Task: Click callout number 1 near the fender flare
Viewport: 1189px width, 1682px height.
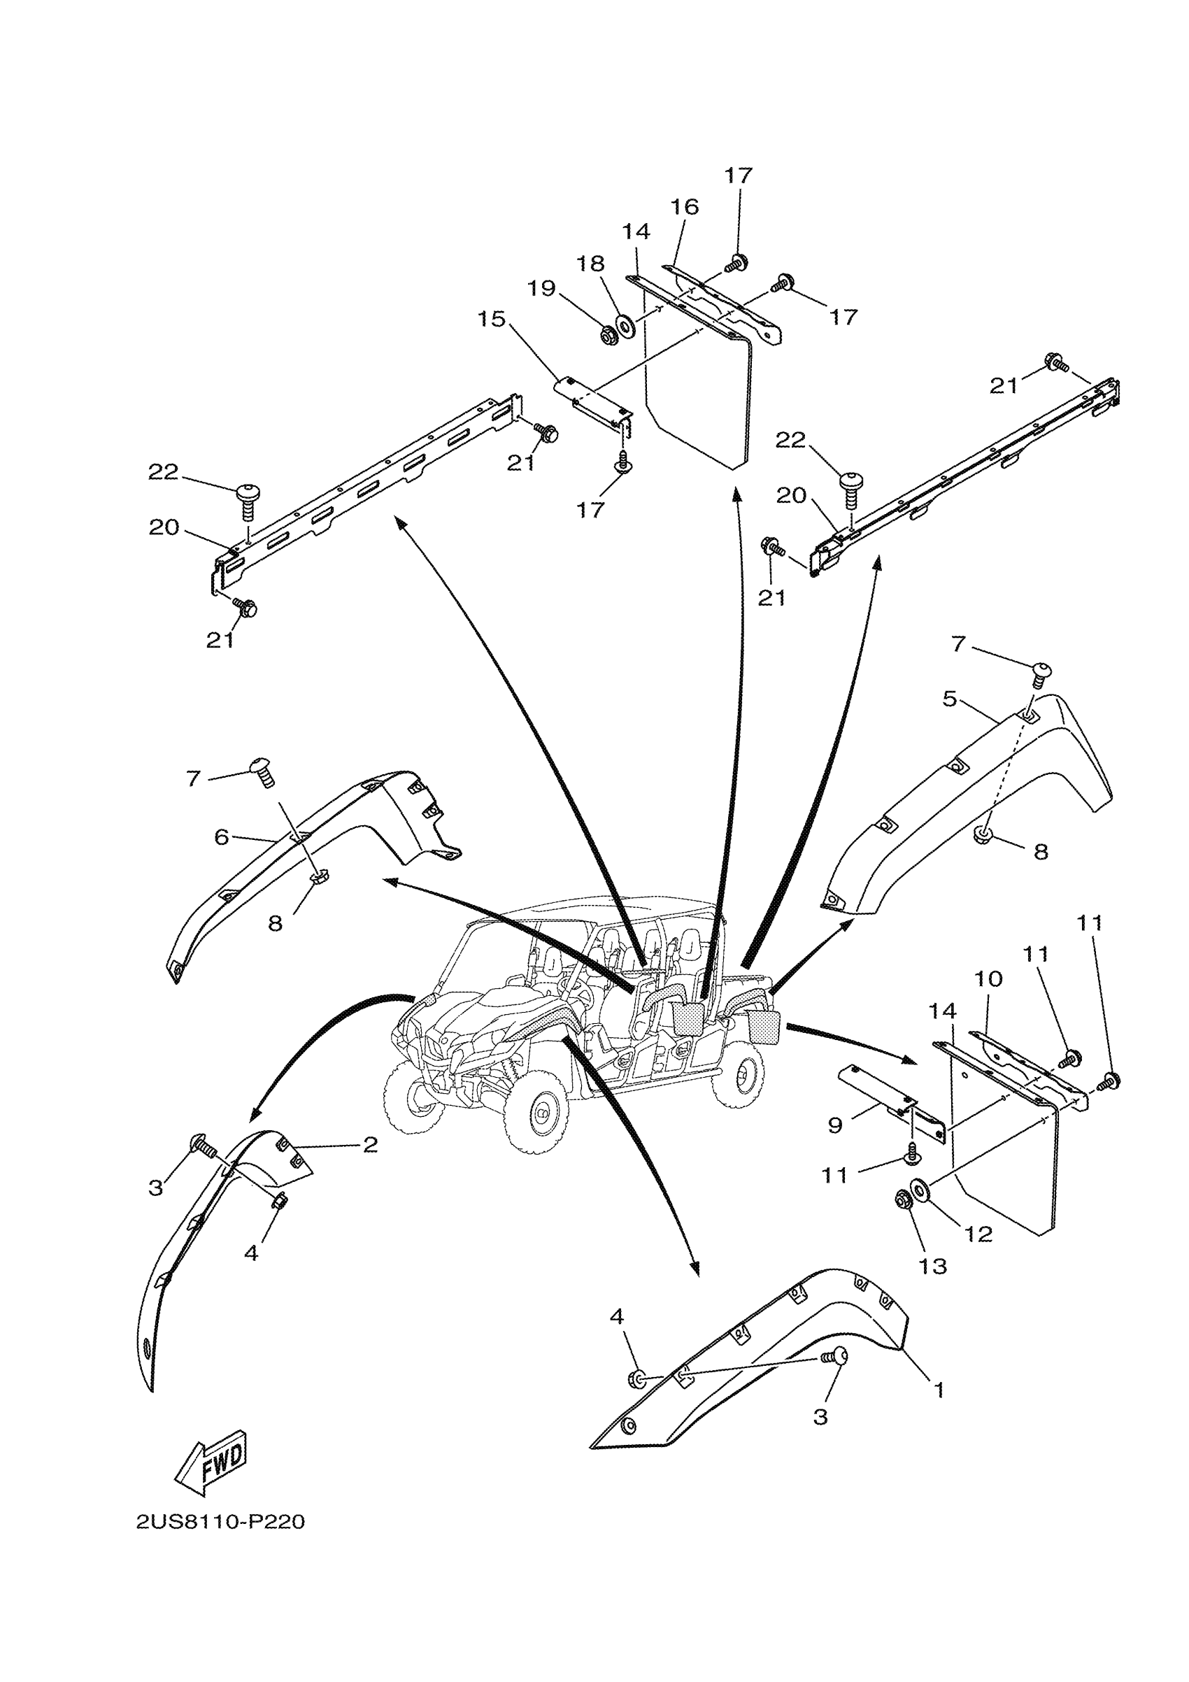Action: point(939,1390)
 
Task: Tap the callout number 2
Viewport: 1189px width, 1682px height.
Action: point(371,1145)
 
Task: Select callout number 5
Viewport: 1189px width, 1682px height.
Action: point(949,699)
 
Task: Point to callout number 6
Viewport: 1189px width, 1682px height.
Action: point(221,836)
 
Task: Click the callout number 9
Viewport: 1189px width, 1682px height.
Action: point(835,1125)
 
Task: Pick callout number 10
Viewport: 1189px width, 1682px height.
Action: point(988,978)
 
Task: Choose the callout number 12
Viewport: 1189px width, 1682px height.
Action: point(978,1234)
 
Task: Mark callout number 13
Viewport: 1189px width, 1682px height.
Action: point(933,1266)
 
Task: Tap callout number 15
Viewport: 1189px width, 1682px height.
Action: point(492,320)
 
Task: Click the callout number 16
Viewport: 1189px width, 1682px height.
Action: point(685,206)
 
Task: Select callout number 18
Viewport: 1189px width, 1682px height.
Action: point(590,264)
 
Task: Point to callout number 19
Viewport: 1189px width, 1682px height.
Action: point(542,289)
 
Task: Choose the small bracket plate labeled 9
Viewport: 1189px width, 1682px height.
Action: point(890,1099)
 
